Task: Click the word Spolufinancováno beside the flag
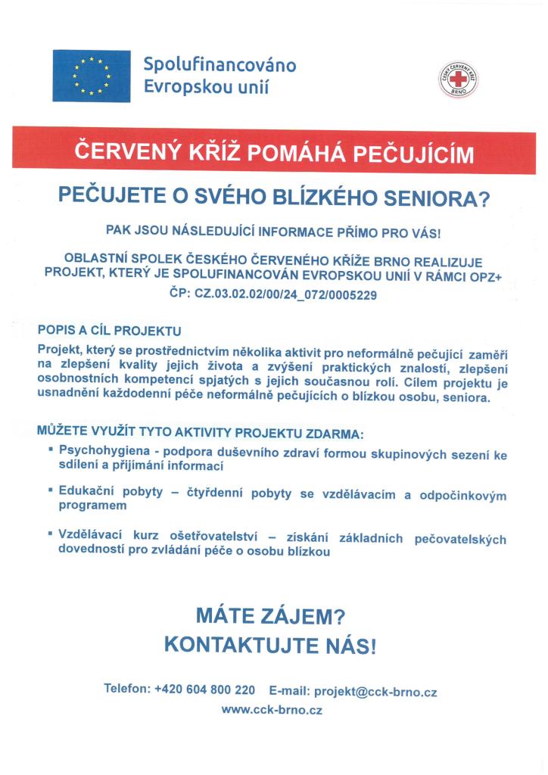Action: coord(220,64)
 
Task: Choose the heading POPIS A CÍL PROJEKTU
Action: coord(110,331)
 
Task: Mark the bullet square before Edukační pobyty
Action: coord(49,490)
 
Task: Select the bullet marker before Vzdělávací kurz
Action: coord(49,535)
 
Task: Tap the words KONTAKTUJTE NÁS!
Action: coord(269,646)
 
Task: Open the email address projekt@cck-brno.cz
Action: coord(375,691)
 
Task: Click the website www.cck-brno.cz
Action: coord(272,711)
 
